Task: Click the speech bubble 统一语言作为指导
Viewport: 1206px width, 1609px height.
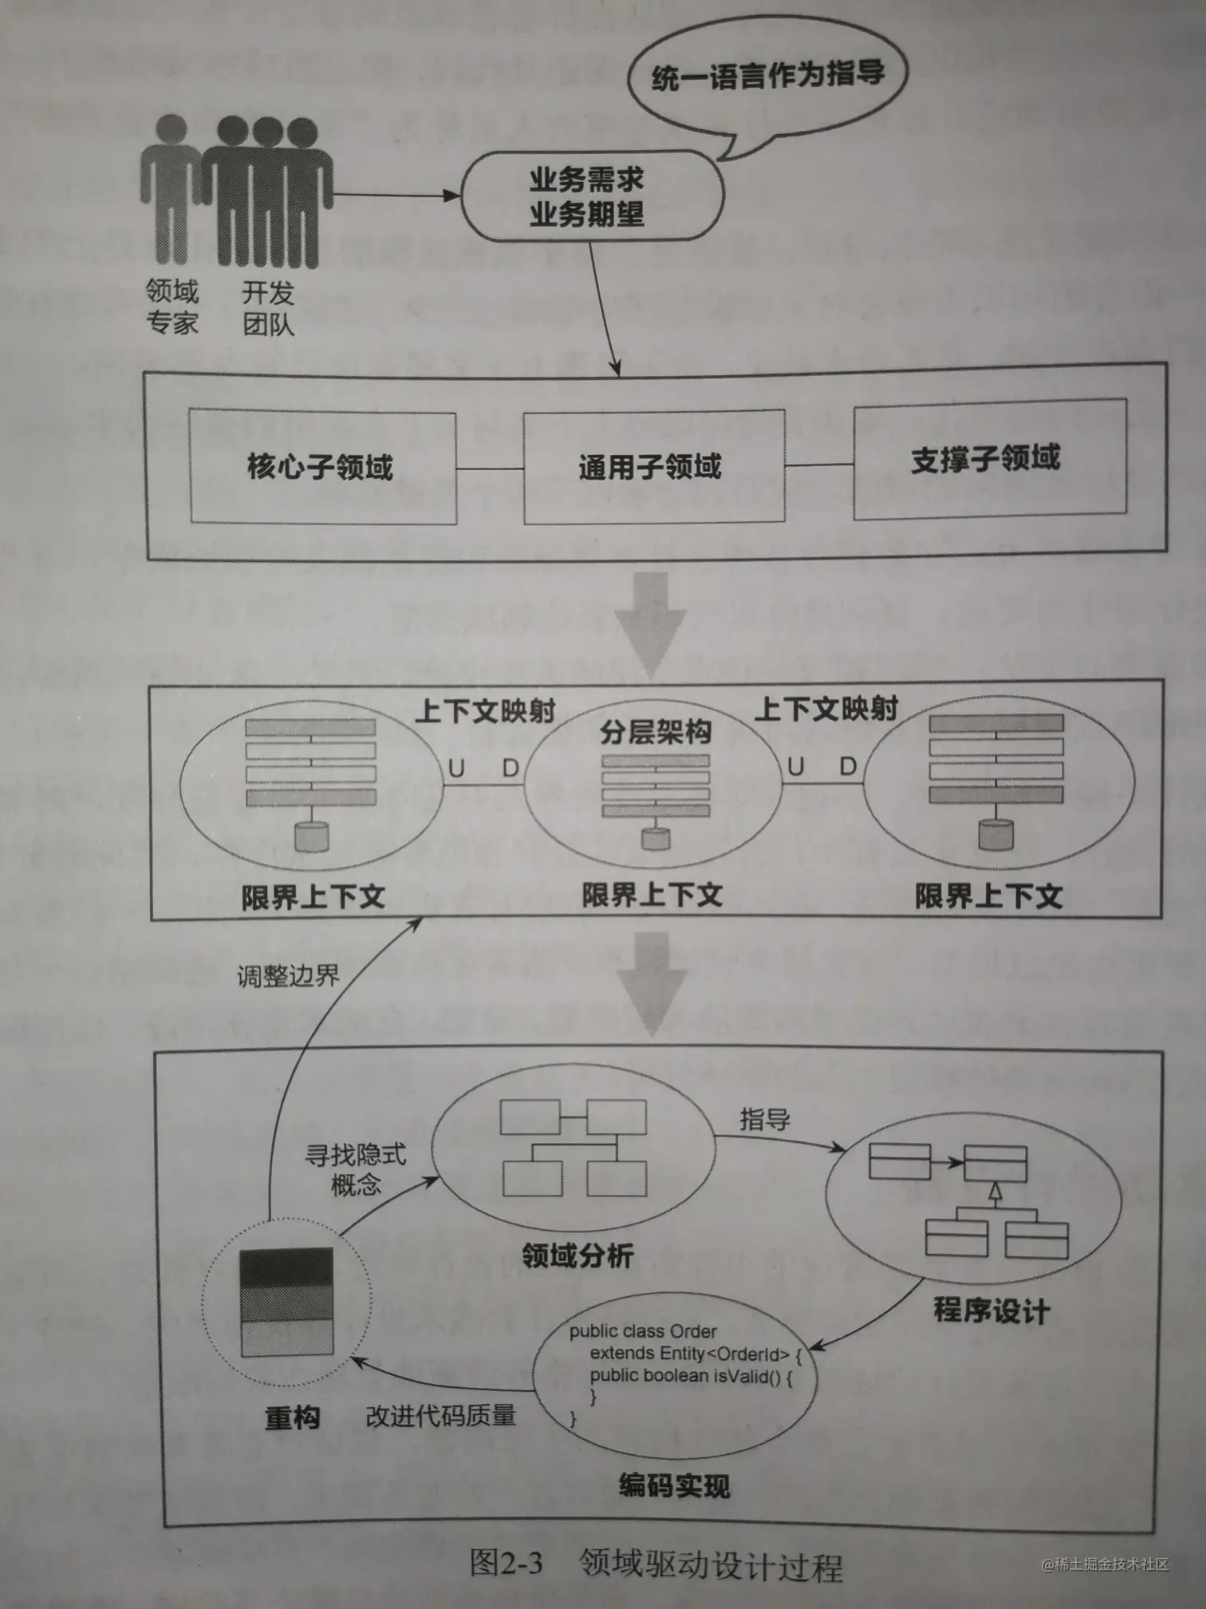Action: pyautogui.click(x=767, y=77)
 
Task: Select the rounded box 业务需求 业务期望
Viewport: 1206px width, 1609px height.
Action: pyautogui.click(x=588, y=196)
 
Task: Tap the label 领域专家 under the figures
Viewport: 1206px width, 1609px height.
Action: pyautogui.click(x=171, y=307)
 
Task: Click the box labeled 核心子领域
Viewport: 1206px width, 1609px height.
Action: pyautogui.click(x=322, y=467)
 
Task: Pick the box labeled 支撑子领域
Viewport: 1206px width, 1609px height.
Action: pyautogui.click(x=987, y=460)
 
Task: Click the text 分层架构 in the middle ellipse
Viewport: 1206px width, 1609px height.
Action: pyautogui.click(x=655, y=732)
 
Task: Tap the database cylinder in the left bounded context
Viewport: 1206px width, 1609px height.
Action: pyautogui.click(x=311, y=836)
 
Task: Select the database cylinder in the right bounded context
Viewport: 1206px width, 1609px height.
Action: pyautogui.click(x=995, y=833)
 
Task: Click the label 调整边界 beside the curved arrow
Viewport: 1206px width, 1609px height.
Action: pyautogui.click(x=288, y=976)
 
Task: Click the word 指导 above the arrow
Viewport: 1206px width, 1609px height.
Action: pyautogui.click(x=764, y=1120)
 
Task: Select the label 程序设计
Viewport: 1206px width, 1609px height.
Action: pyautogui.click(x=991, y=1311)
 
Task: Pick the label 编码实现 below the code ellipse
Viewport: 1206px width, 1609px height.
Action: pyautogui.click(x=674, y=1486)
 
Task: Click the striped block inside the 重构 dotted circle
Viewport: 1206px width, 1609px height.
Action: pyautogui.click(x=286, y=1303)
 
